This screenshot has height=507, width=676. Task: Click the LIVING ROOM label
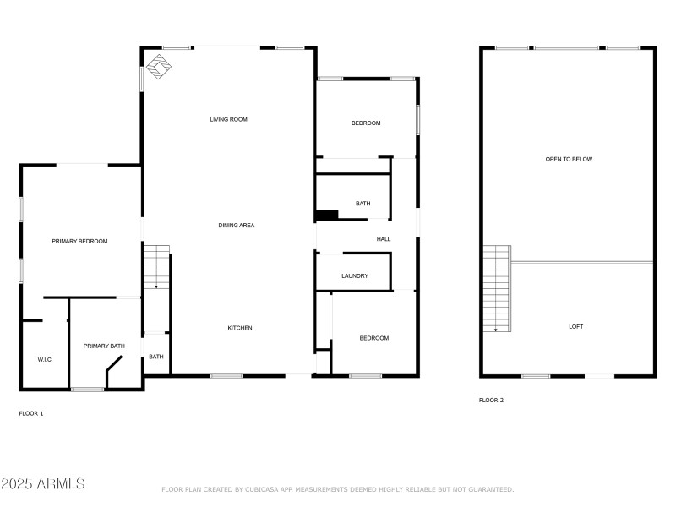(x=228, y=120)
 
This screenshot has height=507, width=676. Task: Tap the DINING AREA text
(x=237, y=226)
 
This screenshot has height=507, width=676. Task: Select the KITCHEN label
(x=239, y=328)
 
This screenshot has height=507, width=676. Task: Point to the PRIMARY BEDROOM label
(x=79, y=242)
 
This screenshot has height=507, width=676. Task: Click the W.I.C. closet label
(x=45, y=360)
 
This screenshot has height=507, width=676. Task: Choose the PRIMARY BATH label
(x=104, y=346)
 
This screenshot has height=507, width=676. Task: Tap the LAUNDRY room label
(x=355, y=276)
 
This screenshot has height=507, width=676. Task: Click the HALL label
(x=384, y=239)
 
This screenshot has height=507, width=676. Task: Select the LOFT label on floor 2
(x=575, y=327)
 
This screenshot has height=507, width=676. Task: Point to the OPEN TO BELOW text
(x=569, y=159)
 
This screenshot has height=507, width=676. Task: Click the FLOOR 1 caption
(x=31, y=413)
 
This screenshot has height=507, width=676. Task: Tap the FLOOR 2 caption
(x=491, y=400)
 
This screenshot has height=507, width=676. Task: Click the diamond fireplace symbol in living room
(x=157, y=67)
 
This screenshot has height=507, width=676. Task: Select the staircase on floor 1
(x=156, y=267)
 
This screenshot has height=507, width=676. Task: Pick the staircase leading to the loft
(x=497, y=288)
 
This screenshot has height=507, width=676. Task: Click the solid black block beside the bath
(x=326, y=215)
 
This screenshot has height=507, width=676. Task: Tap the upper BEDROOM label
(x=366, y=123)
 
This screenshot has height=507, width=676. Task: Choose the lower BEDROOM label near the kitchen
(x=374, y=338)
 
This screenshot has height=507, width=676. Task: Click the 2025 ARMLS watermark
(x=43, y=484)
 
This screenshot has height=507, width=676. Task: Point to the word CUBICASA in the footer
(x=263, y=489)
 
